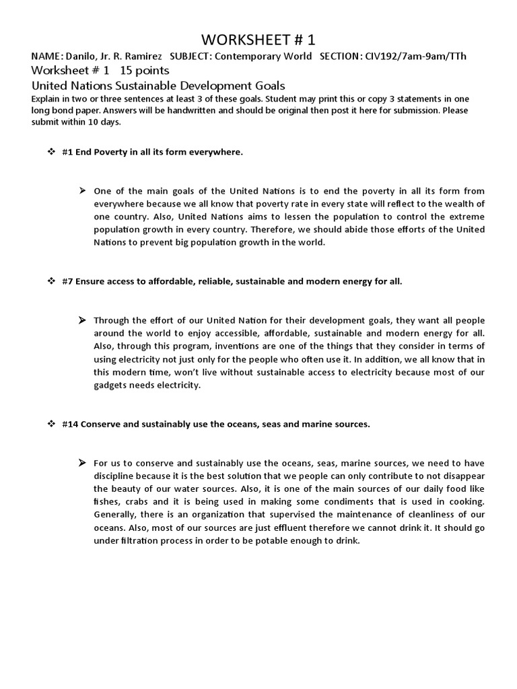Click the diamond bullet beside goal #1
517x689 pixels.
(x=50, y=152)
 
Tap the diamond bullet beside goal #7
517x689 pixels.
(x=50, y=281)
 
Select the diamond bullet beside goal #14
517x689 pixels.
(x=50, y=425)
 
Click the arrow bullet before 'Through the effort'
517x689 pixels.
(x=82, y=320)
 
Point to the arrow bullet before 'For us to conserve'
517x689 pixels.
(x=82, y=463)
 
